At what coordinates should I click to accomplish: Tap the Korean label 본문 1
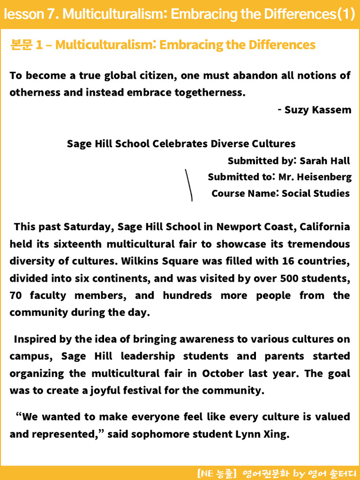point(26,45)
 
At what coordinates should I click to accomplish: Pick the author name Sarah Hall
point(325,161)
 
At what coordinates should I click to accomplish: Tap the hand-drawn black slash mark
point(189,185)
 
